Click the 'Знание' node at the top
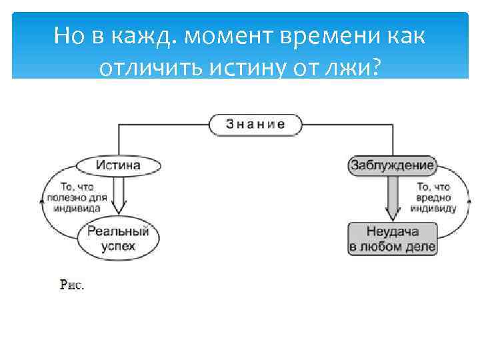pyautogui.click(x=255, y=124)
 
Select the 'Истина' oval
pyautogui.click(x=118, y=165)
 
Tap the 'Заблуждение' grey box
pyautogui.click(x=392, y=165)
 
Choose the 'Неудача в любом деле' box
pyautogui.click(x=392, y=239)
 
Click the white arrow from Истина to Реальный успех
pyautogui.click(x=119, y=197)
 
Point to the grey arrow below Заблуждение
pyautogui.click(x=393, y=197)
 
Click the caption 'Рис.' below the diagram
pyautogui.click(x=72, y=285)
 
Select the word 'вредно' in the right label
pyautogui.click(x=433, y=198)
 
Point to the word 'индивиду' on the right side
pyautogui.click(x=433, y=208)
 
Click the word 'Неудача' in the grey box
pyautogui.click(x=392, y=233)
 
